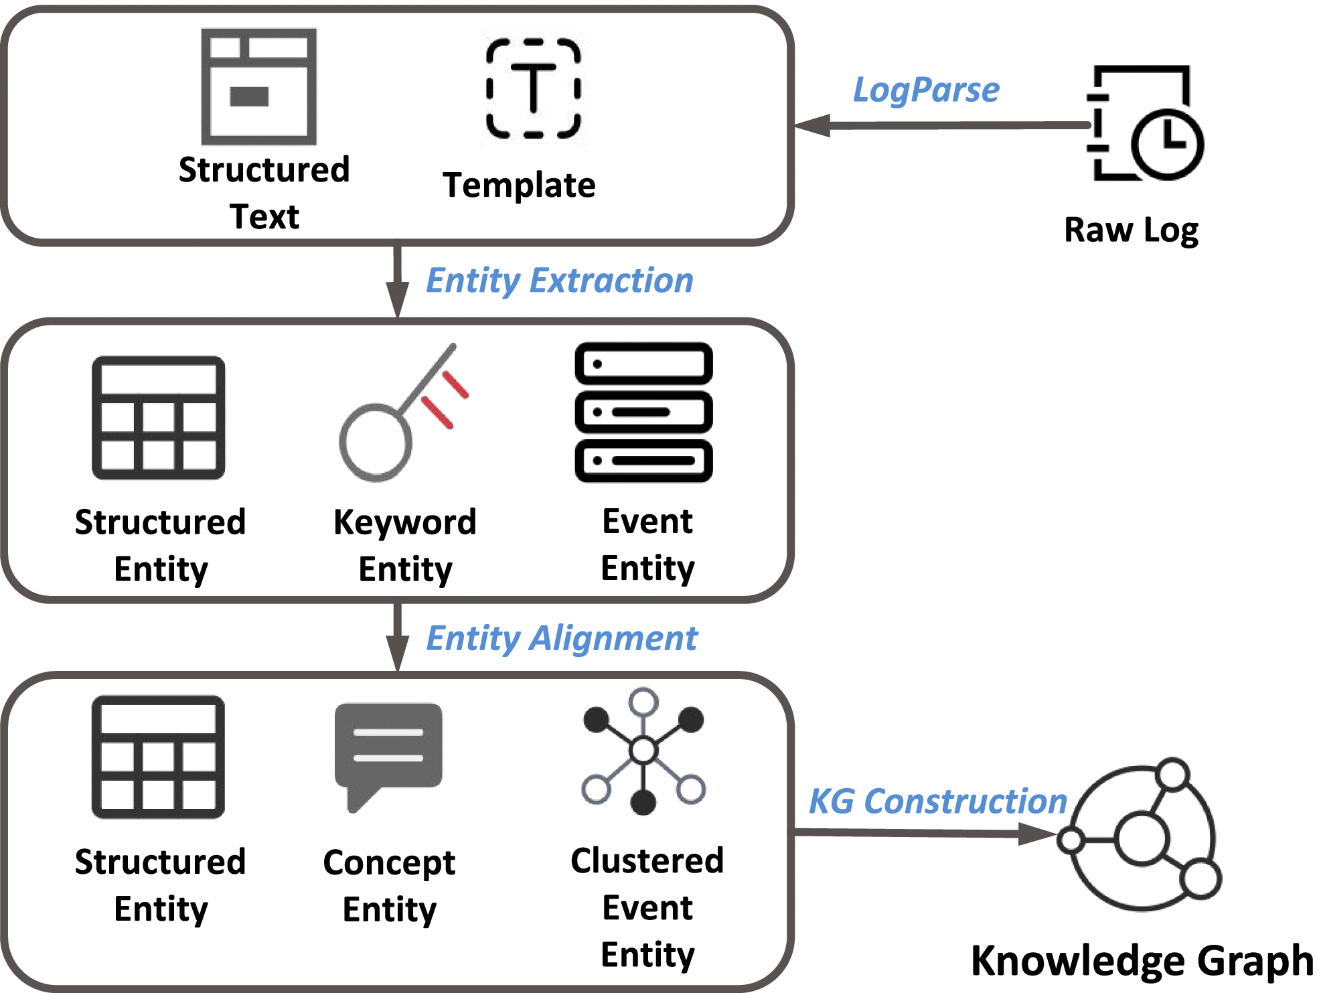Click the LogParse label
click(926, 90)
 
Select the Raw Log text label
click(1131, 230)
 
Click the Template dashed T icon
click(534, 88)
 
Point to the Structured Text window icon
click(259, 86)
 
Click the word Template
click(519, 185)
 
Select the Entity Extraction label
click(560, 280)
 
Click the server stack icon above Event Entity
click(643, 412)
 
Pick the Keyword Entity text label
click(405, 545)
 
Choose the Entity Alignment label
click(562, 638)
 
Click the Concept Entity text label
click(389, 885)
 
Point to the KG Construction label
click(937, 801)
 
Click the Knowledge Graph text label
click(1142, 961)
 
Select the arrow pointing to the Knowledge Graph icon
click(924, 833)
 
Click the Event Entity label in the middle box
click(647, 544)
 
